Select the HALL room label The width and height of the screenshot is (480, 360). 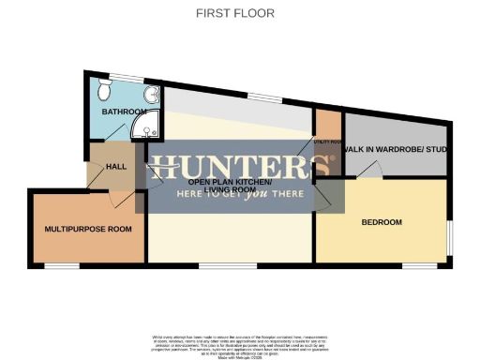[116, 167]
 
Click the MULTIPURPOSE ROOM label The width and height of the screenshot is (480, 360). [88, 229]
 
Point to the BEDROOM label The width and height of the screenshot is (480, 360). [382, 222]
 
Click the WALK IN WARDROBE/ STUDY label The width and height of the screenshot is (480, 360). [393, 150]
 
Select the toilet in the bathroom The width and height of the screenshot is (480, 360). [104, 88]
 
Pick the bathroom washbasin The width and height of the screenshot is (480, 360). [153, 94]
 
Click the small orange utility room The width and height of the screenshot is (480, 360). [327, 136]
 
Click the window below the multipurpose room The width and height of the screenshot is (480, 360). [62, 266]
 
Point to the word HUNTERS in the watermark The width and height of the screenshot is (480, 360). [242, 167]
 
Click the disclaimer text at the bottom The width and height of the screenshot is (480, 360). [240, 343]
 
